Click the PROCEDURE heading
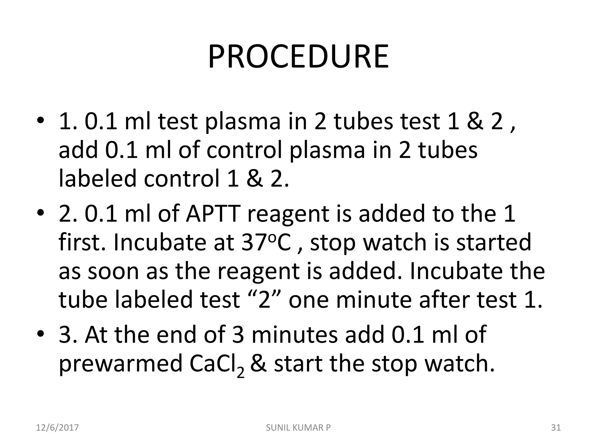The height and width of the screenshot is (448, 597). click(298, 57)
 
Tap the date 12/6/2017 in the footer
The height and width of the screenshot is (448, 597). click(57, 428)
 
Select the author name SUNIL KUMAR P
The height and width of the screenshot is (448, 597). click(298, 428)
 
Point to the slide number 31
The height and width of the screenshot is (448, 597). click(556, 428)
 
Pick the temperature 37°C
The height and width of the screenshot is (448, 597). click(266, 242)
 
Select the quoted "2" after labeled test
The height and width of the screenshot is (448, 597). click(264, 300)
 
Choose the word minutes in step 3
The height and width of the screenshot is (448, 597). click(294, 334)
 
